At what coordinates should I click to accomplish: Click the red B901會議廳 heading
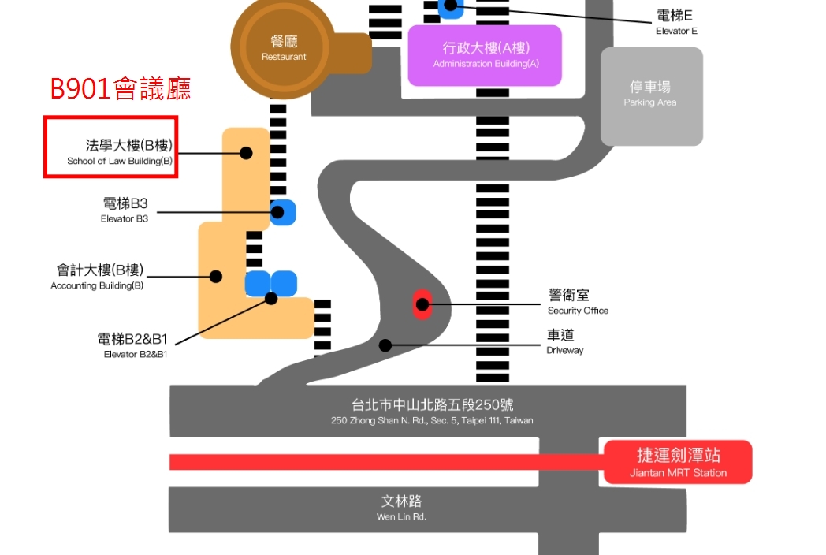[x=121, y=88]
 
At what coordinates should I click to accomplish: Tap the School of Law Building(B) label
[x=120, y=152]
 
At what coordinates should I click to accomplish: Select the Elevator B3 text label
[x=125, y=210]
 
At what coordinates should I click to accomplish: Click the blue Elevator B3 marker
[x=281, y=211]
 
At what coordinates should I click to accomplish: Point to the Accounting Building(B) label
[x=97, y=277]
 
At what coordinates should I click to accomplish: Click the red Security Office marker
[x=422, y=304]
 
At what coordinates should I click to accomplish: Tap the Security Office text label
[x=578, y=301]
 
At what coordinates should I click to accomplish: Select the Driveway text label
[x=565, y=341]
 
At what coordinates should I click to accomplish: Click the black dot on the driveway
[x=385, y=345]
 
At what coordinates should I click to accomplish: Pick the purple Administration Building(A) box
[x=485, y=55]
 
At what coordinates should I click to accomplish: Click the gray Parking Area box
[x=651, y=96]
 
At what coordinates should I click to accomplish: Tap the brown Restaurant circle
[x=284, y=47]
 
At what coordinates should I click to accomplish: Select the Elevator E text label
[x=675, y=22]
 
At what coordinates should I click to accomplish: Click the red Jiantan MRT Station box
[x=678, y=462]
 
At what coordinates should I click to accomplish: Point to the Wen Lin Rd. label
[x=401, y=507]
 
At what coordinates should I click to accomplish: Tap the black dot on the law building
[x=246, y=153]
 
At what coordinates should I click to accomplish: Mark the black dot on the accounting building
[x=215, y=277]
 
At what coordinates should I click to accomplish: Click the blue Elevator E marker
[x=451, y=6]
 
